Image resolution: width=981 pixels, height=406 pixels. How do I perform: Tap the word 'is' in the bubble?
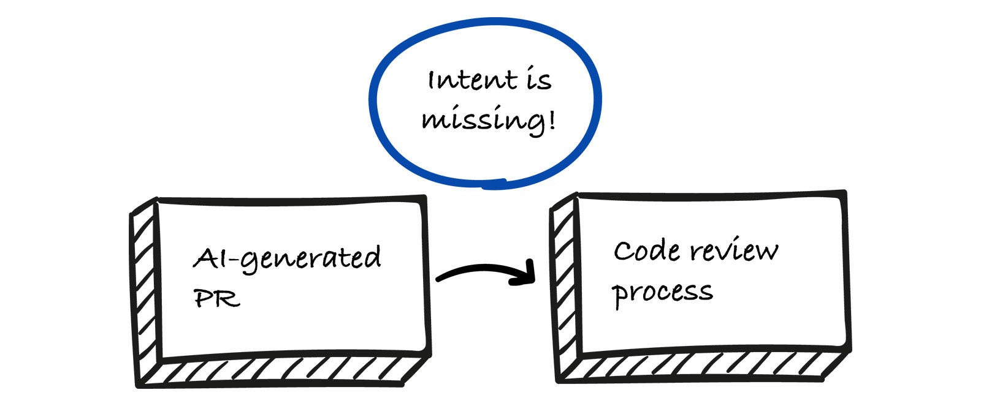pyautogui.click(x=539, y=80)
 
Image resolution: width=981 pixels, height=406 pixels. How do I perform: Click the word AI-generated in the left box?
pyautogui.click(x=288, y=260)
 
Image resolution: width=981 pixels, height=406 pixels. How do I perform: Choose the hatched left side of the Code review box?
pyautogui.click(x=565, y=289)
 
